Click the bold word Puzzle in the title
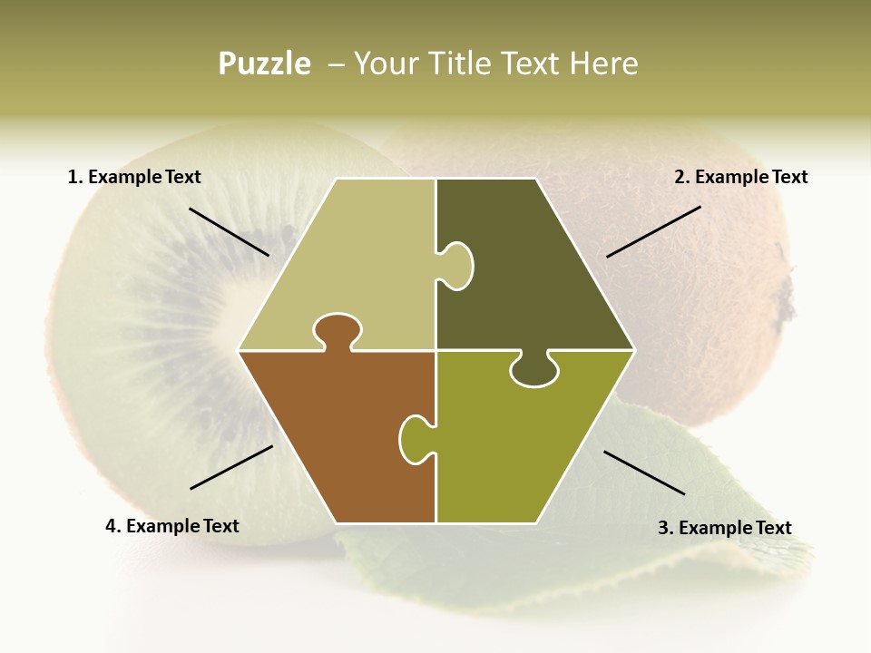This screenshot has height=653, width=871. click(264, 63)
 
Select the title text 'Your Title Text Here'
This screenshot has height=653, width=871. click(495, 63)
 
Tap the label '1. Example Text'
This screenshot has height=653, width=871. click(134, 178)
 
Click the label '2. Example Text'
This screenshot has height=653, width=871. click(740, 178)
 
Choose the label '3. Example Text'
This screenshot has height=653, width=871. click(724, 528)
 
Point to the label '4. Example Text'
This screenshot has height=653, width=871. click(171, 526)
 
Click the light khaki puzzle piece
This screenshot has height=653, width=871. click(354, 263)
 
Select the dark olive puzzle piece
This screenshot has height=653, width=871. click(526, 263)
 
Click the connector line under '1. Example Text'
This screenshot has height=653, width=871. click(229, 231)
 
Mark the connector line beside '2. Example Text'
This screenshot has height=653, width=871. click(653, 231)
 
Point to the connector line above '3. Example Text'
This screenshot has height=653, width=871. click(644, 473)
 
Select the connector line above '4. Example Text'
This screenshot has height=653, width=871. click(231, 467)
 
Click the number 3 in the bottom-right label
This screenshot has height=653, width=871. click(663, 528)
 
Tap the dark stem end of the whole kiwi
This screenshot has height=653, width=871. click(786, 299)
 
